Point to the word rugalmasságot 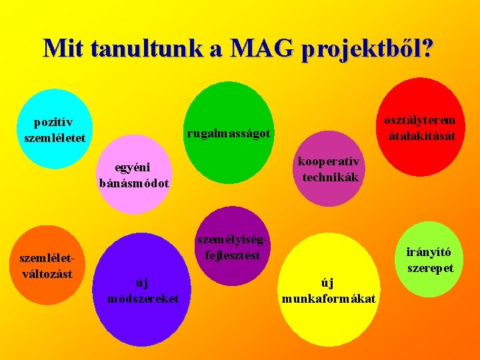tap(229, 133)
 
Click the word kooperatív tap(329, 162)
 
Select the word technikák tap(330, 177)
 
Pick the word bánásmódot tap(134, 183)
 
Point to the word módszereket tap(143, 298)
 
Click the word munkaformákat tap(329, 298)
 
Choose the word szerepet tap(430, 268)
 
